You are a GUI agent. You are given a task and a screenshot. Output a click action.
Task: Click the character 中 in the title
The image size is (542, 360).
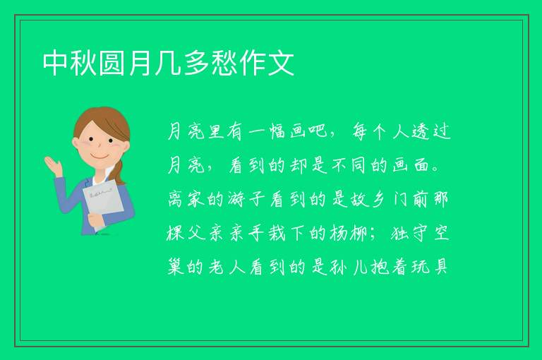(55, 63)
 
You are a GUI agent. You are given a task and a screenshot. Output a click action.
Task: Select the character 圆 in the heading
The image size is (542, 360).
(112, 63)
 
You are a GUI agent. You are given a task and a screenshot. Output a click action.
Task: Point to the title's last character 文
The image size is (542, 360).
(281, 63)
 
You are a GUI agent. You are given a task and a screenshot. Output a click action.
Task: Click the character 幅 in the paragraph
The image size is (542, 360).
(277, 131)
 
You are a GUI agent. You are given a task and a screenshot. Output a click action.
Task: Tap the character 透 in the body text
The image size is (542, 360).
(421, 131)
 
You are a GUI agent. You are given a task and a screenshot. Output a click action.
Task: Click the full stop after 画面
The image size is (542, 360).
(436, 170)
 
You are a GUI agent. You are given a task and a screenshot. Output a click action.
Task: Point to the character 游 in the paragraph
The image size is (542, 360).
(237, 199)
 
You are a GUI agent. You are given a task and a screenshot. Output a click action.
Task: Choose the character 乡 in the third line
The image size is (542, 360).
(378, 199)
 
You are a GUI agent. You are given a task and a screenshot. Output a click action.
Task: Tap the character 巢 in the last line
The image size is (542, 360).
(175, 267)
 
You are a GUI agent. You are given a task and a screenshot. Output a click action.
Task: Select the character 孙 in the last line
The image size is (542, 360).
(339, 267)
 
